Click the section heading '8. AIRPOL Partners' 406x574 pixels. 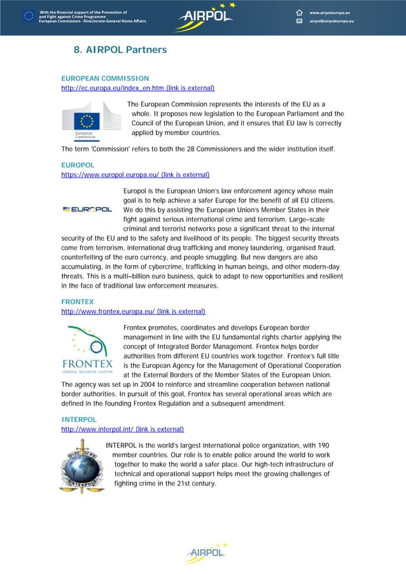click(120, 50)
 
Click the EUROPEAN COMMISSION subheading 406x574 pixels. click(105, 78)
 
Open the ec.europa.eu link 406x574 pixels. click(137, 88)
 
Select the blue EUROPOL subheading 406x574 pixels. click(76, 165)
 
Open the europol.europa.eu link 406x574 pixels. click(135, 174)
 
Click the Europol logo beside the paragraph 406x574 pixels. click(87, 209)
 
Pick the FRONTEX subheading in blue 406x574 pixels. click(76, 302)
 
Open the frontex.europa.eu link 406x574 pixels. click(132, 311)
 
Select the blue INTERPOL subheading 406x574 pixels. click(79, 419)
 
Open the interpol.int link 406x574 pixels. click(122, 429)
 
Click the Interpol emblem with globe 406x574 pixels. click(81, 466)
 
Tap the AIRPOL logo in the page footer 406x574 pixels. click(205, 554)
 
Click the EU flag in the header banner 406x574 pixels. click(29, 16)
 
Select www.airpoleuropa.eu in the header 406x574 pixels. click(332, 12)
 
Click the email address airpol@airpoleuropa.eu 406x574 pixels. click(332, 22)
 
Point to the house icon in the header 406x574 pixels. click(299, 12)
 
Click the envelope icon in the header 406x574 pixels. click(299, 22)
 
